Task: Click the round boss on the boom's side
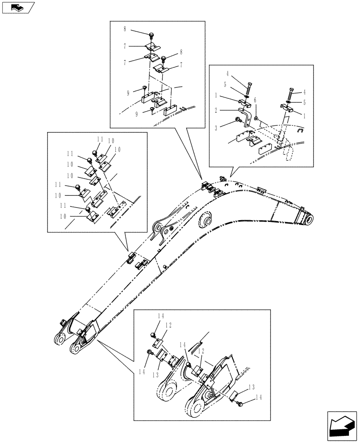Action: [207, 220]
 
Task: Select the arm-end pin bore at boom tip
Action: [309, 219]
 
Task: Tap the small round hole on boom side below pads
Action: [165, 266]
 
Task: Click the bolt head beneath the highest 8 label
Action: [152, 35]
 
